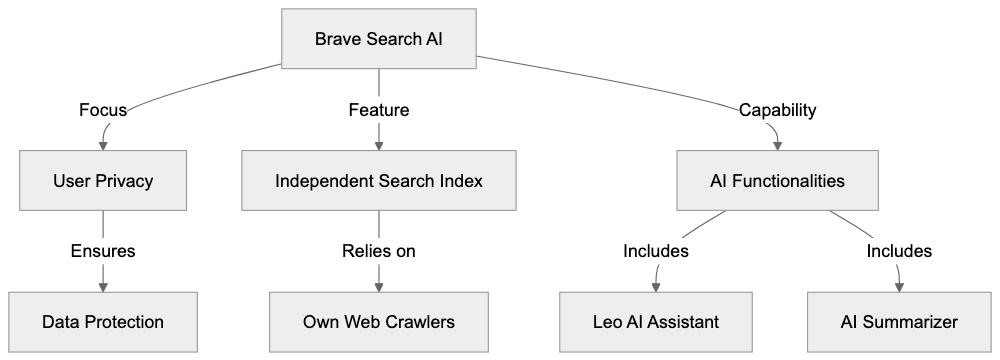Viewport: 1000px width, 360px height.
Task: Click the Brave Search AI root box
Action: tap(378, 39)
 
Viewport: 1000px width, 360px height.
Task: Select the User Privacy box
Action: tap(103, 181)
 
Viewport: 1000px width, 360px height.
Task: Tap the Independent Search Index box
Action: tap(378, 181)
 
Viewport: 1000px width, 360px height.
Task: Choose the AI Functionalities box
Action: tap(777, 181)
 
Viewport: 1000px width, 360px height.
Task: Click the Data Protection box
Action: tap(103, 322)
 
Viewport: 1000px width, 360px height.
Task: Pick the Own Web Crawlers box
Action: tap(378, 322)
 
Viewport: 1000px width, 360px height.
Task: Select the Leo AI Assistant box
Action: tap(656, 322)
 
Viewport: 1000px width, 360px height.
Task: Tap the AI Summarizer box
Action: tap(898, 322)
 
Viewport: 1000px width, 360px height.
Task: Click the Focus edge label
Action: tap(103, 110)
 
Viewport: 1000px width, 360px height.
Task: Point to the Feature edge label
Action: tap(378, 110)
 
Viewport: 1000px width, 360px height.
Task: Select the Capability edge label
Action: tap(777, 110)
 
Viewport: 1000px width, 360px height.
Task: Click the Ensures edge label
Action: tap(103, 252)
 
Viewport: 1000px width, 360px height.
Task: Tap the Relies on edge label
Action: tap(378, 252)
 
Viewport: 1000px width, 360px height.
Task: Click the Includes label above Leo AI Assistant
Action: tap(656, 252)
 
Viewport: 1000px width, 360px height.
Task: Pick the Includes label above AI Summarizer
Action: tap(898, 252)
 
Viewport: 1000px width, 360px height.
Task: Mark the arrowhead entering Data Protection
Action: tap(103, 288)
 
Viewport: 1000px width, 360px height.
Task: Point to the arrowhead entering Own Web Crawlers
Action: tap(378, 288)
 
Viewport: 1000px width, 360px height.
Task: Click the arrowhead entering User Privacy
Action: tap(103, 147)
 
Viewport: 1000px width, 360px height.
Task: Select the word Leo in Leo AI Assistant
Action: tap(609, 322)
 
